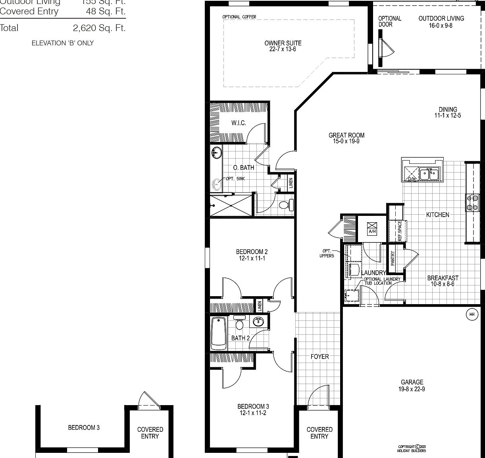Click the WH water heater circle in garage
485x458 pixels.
pos(472,314)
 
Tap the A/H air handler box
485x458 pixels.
pos(372,228)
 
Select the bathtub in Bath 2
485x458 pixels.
pos(218,333)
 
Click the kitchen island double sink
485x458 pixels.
pos(429,173)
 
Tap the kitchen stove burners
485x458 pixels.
pos(472,202)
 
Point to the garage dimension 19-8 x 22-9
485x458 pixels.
pos(412,389)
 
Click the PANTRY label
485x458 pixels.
pos(393,258)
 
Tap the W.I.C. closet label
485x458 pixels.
pos(239,123)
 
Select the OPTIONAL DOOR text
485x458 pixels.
pos(389,21)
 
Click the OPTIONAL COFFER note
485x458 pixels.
pos(239,17)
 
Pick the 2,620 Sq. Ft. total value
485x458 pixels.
pos(99,28)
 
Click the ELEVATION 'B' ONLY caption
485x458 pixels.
pos(63,43)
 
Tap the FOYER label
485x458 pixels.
pos(319,357)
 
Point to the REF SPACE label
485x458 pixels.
pos(400,231)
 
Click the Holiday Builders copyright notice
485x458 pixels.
pos(412,448)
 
